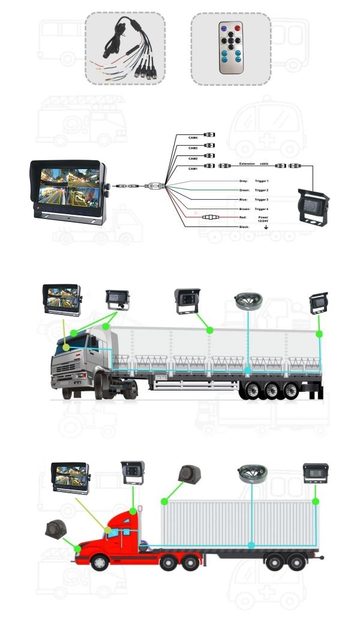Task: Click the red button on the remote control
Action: pyautogui.click(x=237, y=27)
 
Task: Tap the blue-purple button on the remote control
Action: pyautogui.click(x=223, y=27)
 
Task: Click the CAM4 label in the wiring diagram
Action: pyautogui.click(x=193, y=138)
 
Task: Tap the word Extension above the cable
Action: pyautogui.click(x=247, y=163)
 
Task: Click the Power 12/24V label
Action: pyautogui.click(x=263, y=219)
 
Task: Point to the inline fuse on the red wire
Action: pyautogui.click(x=211, y=218)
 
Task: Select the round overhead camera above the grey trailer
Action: pyautogui.click(x=247, y=302)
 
